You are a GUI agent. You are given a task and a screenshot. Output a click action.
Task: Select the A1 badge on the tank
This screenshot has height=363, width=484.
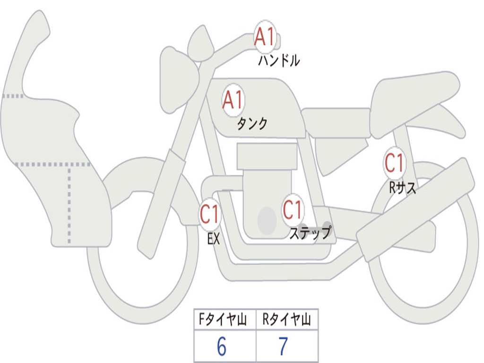(x=233, y=100)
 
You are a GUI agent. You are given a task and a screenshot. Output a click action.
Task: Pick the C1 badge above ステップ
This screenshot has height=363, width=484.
(x=292, y=209)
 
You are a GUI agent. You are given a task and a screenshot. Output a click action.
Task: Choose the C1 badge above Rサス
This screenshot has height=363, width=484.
(x=394, y=163)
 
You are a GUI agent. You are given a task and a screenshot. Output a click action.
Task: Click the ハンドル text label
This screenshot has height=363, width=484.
(x=279, y=60)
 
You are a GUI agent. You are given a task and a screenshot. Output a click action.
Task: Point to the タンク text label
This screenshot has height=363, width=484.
(x=252, y=124)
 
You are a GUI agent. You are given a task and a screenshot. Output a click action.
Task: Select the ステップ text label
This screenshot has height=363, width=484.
(x=310, y=233)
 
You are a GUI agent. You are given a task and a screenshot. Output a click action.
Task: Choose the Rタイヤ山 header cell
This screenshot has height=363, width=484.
(x=286, y=320)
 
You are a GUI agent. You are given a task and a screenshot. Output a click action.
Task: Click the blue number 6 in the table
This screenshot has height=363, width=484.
(x=221, y=347)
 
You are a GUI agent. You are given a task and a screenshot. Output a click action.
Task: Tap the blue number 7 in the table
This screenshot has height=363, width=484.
(x=283, y=347)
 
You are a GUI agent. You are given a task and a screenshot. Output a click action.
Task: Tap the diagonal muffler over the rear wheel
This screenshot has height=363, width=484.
(x=416, y=208)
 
